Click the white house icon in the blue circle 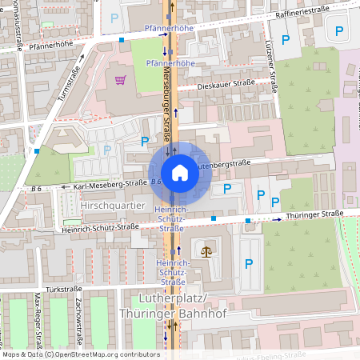pos(179,173)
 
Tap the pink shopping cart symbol pos(120,79)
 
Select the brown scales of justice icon pos(208,250)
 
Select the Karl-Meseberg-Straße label pos(110,184)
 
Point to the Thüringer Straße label pos(314,214)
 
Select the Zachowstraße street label pos(78,312)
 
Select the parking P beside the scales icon pos(248,263)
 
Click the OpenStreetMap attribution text pos(80,354)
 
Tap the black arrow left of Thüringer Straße pos(277,216)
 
